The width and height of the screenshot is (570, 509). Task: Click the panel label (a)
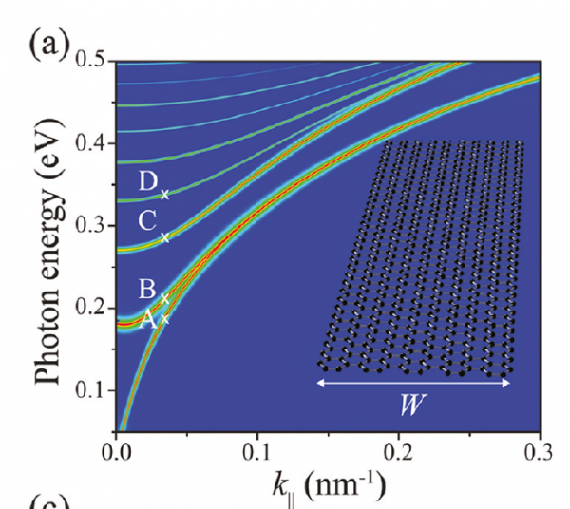pyautogui.click(x=47, y=46)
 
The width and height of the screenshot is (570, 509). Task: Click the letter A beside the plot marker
pyautogui.click(x=147, y=320)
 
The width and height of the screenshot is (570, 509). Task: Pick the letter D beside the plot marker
pyautogui.click(x=146, y=182)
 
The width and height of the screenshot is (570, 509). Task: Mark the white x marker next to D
pyautogui.click(x=164, y=195)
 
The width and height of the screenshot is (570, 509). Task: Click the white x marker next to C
pyautogui.click(x=164, y=237)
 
